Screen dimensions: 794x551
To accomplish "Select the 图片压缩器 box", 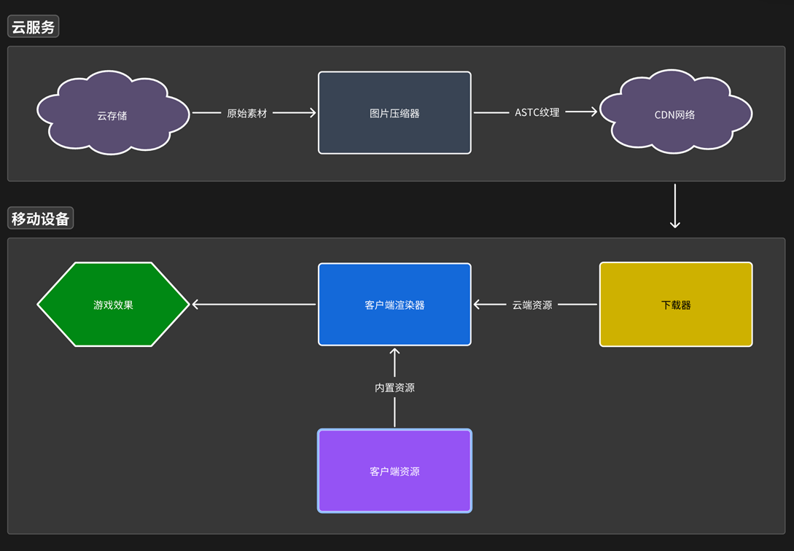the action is click(x=394, y=112).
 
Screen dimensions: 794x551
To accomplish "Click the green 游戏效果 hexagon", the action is click(x=113, y=304).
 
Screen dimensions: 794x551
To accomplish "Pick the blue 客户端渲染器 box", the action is click(x=394, y=304).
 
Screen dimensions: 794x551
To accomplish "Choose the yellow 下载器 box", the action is click(x=676, y=304).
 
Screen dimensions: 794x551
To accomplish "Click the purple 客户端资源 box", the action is click(x=394, y=471).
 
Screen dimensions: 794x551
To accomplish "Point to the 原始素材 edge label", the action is click(x=246, y=113).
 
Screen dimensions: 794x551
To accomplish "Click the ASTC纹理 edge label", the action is click(x=537, y=112).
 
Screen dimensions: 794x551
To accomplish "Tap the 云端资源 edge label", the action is click(x=532, y=305).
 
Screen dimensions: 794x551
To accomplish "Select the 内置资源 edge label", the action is click(x=394, y=388).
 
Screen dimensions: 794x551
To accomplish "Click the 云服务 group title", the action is click(x=34, y=26).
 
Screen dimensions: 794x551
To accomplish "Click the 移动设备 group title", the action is click(x=41, y=218).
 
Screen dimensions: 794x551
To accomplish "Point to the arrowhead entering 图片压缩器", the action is click(x=313, y=112).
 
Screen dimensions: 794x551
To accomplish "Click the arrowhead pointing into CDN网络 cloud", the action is click(x=593, y=112).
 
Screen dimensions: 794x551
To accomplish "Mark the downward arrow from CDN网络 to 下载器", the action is click(x=675, y=206).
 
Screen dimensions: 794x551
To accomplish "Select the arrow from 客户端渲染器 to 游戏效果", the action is click(x=254, y=304).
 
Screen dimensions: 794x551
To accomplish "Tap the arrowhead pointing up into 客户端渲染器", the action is click(x=394, y=352).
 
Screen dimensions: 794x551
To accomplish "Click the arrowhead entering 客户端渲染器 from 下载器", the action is click(x=477, y=304).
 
